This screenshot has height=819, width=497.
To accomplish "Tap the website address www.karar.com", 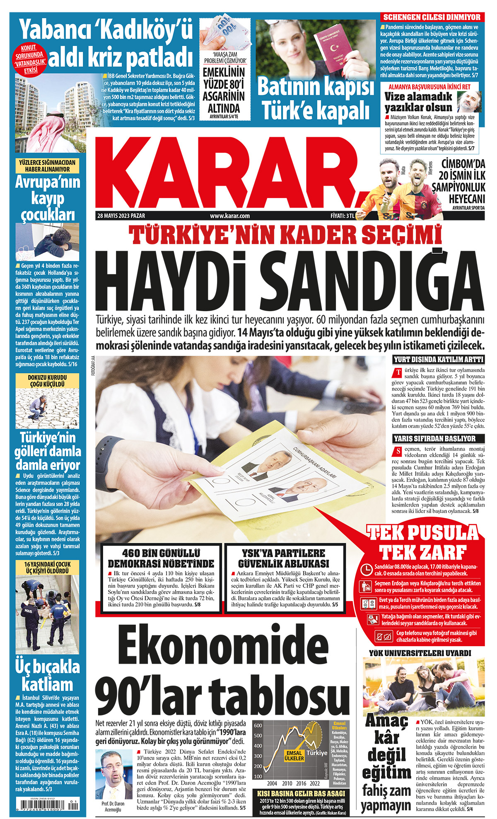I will click(x=229, y=216).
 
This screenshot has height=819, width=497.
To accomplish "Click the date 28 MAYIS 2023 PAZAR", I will click(x=121, y=216).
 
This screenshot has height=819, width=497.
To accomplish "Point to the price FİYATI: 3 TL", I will click(x=342, y=216).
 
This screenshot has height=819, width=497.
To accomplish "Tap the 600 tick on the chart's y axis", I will click(x=258, y=725).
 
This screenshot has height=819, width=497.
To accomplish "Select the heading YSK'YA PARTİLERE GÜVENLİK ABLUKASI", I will click(x=284, y=558).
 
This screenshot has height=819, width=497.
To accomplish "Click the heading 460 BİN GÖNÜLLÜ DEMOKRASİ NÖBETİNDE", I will click(x=161, y=558).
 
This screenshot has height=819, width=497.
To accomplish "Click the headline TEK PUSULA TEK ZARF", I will click(x=422, y=542).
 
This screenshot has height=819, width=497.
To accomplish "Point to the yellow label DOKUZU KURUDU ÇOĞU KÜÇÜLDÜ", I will click(x=47, y=381).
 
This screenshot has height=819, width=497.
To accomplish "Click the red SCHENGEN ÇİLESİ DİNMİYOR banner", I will click(x=432, y=17).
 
